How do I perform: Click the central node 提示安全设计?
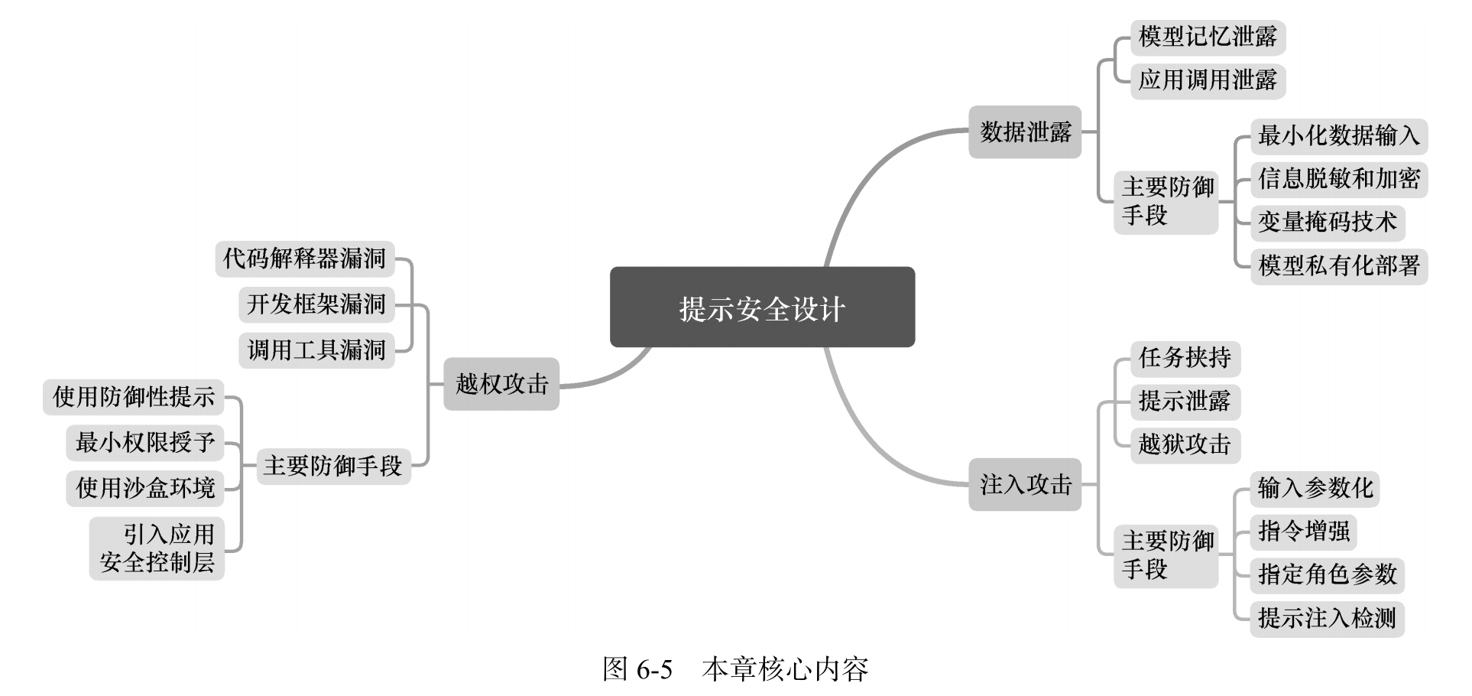(x=762, y=307)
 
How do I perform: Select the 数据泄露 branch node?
(x=1025, y=132)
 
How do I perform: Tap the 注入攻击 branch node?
(x=1025, y=484)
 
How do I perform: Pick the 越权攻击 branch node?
(x=501, y=383)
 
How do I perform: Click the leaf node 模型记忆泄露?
(x=1208, y=37)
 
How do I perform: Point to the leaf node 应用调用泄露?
(x=1208, y=80)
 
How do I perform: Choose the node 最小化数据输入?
(x=1338, y=136)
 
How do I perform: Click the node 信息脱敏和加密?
(x=1338, y=179)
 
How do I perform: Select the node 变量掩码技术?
(x=1327, y=222)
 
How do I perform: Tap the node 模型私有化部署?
(x=1338, y=265)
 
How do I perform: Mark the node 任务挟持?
(x=1185, y=358)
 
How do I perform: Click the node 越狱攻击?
(x=1185, y=444)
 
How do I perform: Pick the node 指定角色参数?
(x=1327, y=574)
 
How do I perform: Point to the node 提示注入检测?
(x=1327, y=618)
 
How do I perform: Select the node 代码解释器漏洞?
(x=304, y=259)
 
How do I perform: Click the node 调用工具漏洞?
(x=316, y=350)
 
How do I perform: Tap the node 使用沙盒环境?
(x=145, y=488)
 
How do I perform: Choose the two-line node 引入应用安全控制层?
(x=157, y=548)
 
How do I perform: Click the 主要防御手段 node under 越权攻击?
(x=332, y=466)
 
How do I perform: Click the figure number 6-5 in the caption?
(x=653, y=670)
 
